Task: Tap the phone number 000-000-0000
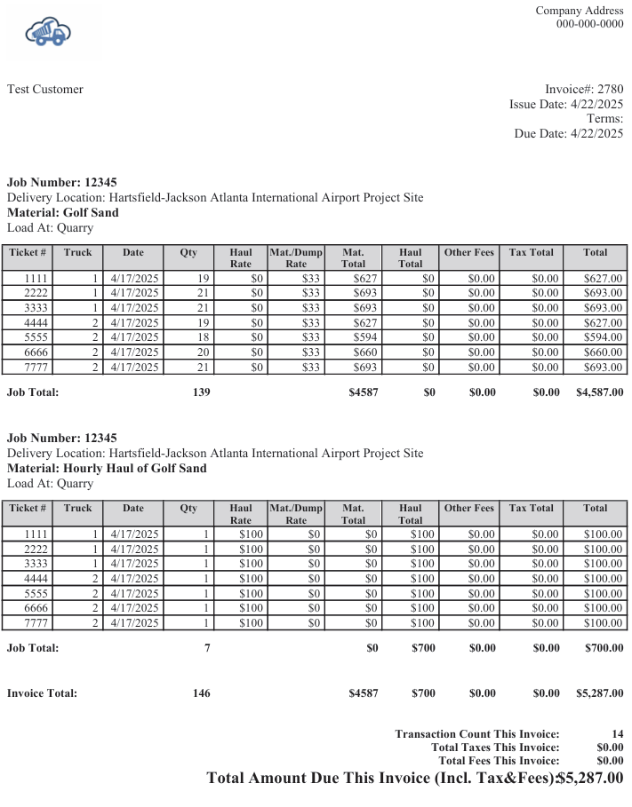tap(589, 24)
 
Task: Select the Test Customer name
tap(45, 89)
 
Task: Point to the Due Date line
tap(569, 133)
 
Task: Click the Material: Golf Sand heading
tap(62, 212)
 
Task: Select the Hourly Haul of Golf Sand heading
tap(107, 468)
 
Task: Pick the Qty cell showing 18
tap(202, 337)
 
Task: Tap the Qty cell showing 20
tap(202, 352)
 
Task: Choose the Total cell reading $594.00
tap(603, 337)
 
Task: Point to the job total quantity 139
tap(202, 392)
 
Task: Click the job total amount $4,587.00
tap(599, 392)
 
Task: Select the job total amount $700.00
tap(604, 647)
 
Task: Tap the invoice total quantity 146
tap(202, 692)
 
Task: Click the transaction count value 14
tap(617, 733)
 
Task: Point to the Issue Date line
tap(566, 104)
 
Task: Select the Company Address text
tap(579, 10)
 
